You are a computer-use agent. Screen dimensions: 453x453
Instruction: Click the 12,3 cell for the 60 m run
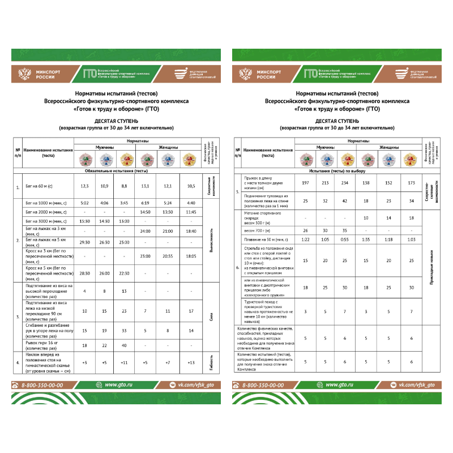click(84, 186)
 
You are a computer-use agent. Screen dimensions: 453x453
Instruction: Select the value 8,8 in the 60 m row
click(124, 186)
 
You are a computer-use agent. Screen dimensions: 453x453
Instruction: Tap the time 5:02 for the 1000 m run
click(84, 203)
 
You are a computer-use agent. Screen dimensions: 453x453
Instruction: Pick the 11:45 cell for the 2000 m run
click(191, 212)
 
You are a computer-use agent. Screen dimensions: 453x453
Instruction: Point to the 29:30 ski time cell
click(84, 242)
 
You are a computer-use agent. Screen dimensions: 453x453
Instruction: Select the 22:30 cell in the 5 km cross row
click(124, 273)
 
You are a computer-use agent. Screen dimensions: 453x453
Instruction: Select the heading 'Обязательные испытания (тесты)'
click(116, 170)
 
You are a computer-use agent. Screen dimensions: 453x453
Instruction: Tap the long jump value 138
click(365, 183)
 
